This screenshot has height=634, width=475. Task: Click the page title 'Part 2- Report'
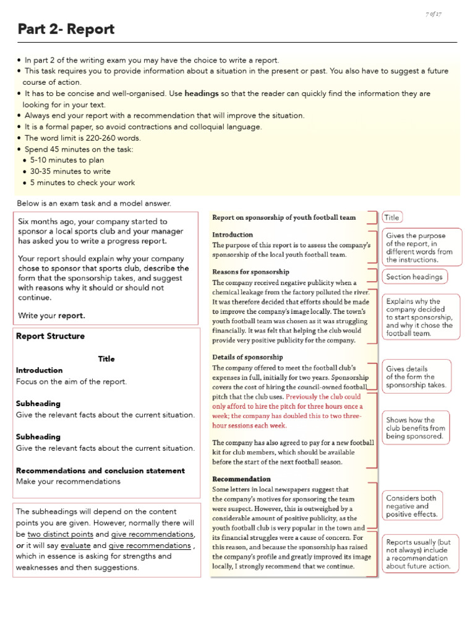tap(66, 29)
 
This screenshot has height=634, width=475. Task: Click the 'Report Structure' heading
tap(50, 336)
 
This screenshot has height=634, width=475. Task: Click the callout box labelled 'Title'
tap(392, 217)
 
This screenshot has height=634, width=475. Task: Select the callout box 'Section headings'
tap(414, 277)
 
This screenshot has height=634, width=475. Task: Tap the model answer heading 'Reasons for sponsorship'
tap(250, 272)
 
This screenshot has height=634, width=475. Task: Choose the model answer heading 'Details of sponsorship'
tap(247, 357)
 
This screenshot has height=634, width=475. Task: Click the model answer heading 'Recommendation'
tap(241, 479)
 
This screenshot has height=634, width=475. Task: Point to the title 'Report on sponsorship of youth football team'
tap(284, 217)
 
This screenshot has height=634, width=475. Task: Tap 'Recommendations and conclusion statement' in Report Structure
tap(100, 471)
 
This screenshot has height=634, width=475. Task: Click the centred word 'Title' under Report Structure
tap(106, 358)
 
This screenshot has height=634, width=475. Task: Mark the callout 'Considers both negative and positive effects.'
tap(411, 506)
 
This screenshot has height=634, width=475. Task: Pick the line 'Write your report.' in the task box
tap(52, 315)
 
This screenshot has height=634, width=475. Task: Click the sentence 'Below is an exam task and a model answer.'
tap(93, 203)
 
